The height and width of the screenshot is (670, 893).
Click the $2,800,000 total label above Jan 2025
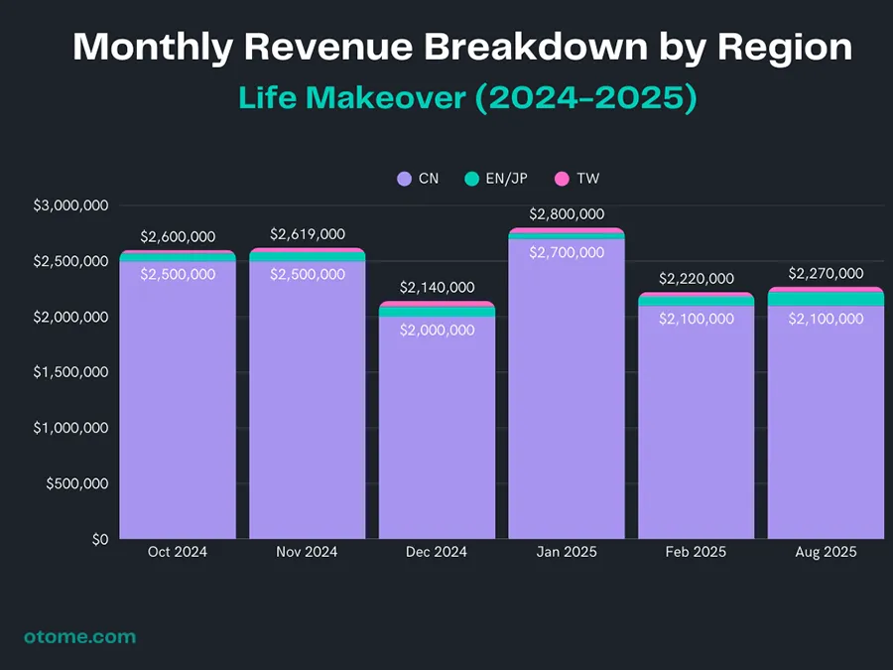[x=567, y=213]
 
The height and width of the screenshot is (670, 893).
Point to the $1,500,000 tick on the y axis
[x=71, y=372]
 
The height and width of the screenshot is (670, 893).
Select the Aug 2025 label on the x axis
[x=826, y=552]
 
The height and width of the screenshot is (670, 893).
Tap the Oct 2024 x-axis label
[x=178, y=552]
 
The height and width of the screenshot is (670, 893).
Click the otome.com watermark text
[x=80, y=636]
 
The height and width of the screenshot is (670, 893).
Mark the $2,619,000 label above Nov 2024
[x=308, y=234]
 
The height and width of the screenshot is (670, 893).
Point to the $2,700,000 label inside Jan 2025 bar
[x=567, y=253]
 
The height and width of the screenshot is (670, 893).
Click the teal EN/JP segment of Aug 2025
[x=826, y=299]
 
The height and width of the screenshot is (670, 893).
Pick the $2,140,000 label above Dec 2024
[x=437, y=287]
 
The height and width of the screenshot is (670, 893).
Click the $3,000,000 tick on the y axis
[x=71, y=205]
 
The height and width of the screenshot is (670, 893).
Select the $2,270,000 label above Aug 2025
[x=826, y=273]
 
